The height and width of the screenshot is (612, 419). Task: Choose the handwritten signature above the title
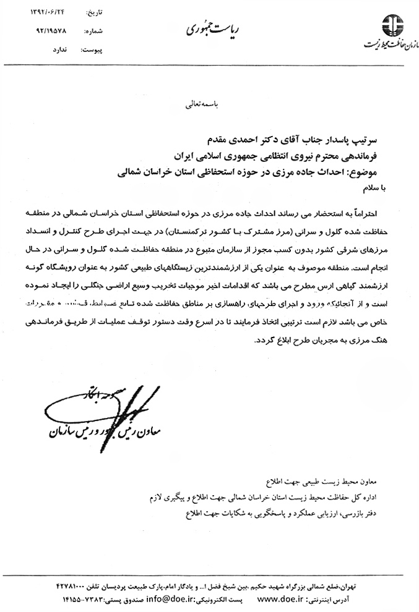[x=111, y=408]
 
